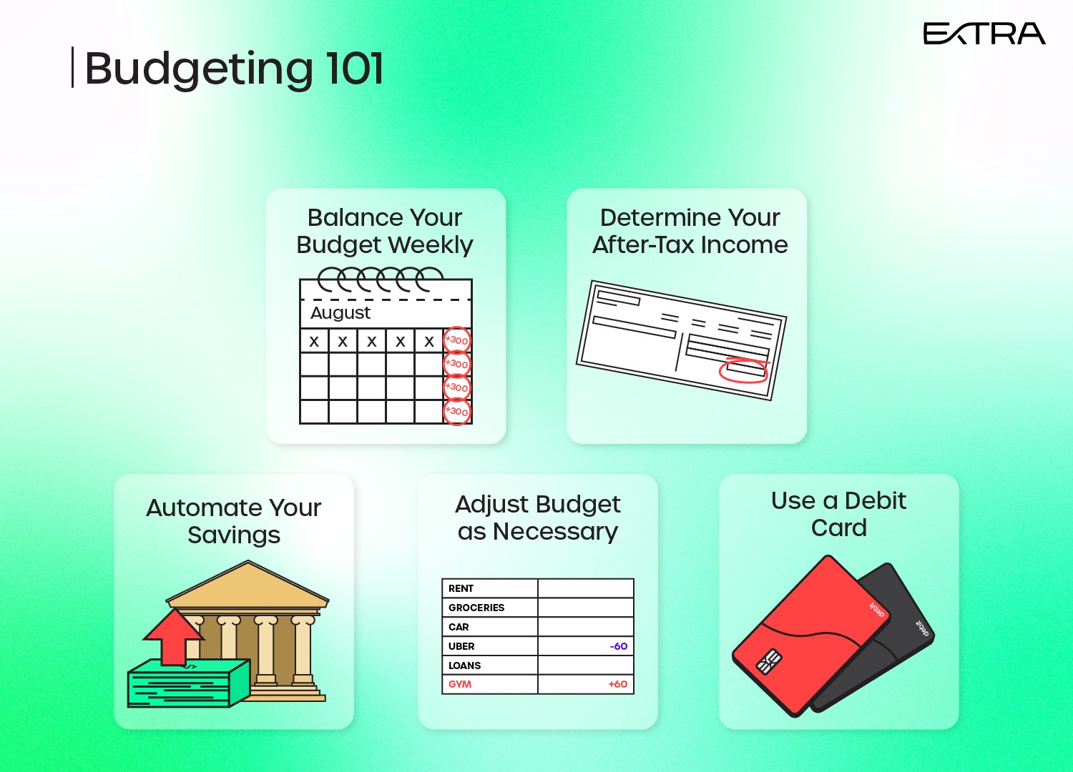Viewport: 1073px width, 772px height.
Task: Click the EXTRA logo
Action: pos(984,34)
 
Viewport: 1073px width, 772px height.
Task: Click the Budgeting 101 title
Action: pos(234,69)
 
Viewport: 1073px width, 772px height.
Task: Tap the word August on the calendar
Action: pos(340,313)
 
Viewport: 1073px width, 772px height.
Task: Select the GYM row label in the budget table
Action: pos(460,684)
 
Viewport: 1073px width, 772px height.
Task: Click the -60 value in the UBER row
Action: pos(619,646)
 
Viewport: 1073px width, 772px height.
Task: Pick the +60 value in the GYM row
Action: pos(618,684)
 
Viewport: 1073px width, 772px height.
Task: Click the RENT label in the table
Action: pos(461,589)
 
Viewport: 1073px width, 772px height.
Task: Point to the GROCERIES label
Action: pos(476,608)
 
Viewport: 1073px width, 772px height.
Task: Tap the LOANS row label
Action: pos(464,665)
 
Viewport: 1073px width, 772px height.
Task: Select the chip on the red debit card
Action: pos(769,661)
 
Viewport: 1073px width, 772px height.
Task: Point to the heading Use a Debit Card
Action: pos(839,515)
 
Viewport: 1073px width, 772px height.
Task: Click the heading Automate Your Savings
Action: pos(234,521)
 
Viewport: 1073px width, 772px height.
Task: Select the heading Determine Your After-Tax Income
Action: pos(690,231)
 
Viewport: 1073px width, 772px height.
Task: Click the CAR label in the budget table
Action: pos(459,627)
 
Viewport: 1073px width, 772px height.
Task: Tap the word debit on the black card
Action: pos(922,628)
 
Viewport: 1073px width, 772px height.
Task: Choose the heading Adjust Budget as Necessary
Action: pos(537,518)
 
